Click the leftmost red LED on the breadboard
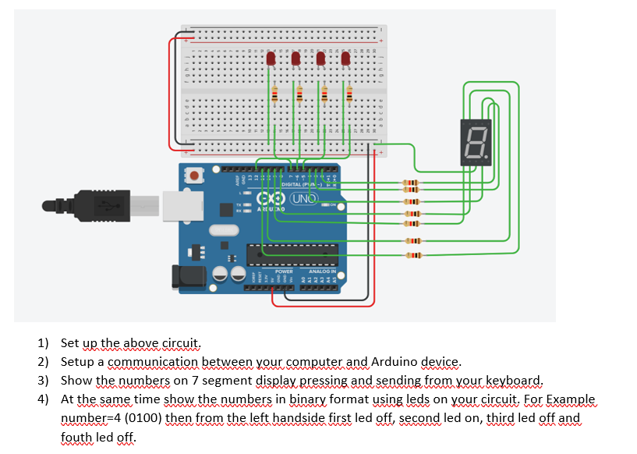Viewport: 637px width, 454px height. coord(271,59)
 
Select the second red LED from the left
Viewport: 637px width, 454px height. coord(295,59)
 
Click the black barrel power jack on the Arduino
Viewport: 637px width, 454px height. coord(185,276)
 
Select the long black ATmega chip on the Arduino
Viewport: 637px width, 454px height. coord(293,254)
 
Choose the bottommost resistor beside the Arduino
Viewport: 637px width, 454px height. coord(412,255)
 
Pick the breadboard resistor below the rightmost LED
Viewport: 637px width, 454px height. coord(349,94)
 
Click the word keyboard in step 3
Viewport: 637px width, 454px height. coord(512,381)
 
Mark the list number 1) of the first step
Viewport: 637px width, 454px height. coord(44,343)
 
